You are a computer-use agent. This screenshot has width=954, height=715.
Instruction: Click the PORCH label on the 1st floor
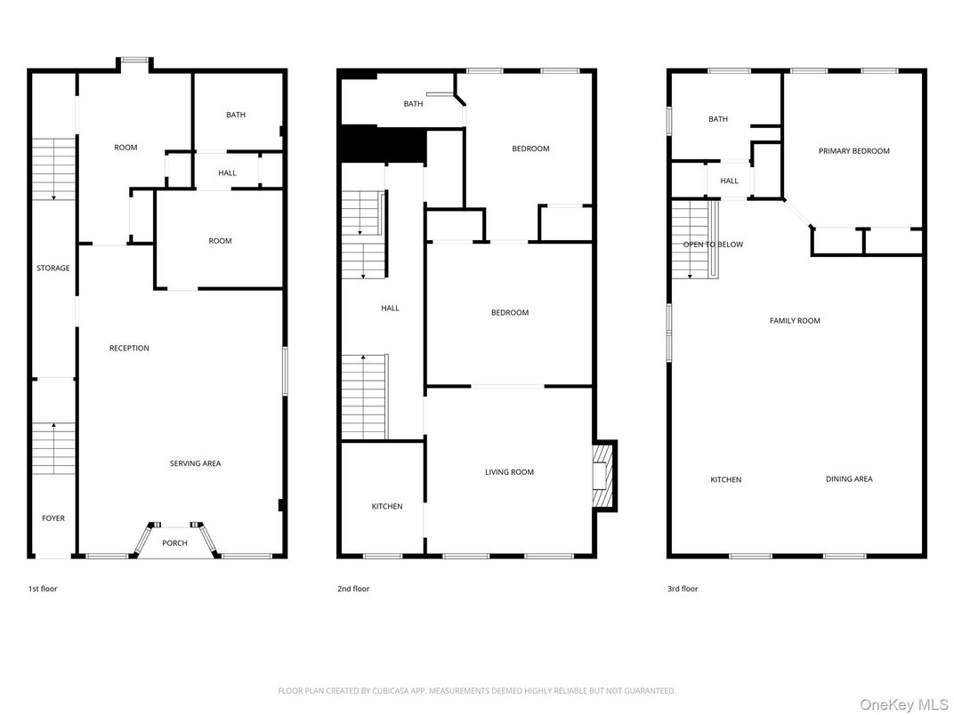point(174,543)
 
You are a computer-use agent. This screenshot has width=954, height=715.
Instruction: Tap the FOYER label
point(53,518)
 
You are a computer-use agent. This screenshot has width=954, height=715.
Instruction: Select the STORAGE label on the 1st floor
point(53,269)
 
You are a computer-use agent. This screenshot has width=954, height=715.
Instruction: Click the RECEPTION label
point(129,349)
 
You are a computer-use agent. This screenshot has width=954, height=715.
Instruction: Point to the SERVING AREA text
point(196,463)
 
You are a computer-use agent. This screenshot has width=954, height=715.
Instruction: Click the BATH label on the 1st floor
point(236,115)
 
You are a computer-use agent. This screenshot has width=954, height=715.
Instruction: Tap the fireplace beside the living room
point(602,475)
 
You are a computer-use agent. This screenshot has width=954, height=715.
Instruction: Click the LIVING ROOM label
point(509,472)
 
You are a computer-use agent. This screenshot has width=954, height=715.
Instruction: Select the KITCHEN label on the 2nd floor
point(387,507)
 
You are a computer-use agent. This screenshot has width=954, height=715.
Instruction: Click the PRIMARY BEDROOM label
point(853,151)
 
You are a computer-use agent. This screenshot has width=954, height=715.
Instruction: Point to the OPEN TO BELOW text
point(713,245)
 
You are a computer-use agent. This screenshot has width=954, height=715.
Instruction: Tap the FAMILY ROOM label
point(795,321)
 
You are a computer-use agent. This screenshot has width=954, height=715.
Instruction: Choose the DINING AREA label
point(849,479)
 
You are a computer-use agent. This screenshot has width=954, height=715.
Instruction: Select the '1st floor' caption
point(43,589)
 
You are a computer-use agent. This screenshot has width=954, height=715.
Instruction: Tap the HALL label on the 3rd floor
point(729,181)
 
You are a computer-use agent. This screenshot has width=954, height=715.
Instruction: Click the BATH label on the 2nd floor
point(413,104)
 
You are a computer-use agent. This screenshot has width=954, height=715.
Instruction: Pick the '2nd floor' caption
point(354,589)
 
